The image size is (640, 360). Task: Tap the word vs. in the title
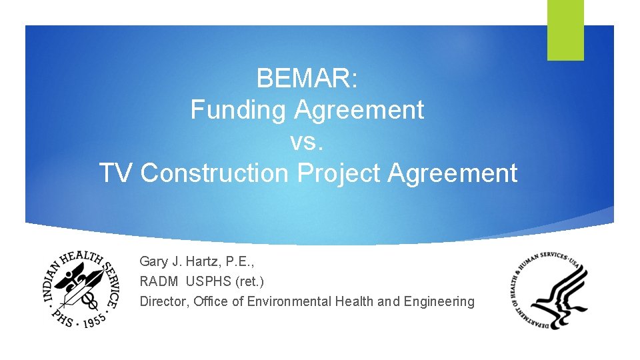(x=307, y=141)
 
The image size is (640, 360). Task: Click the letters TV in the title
(x=117, y=173)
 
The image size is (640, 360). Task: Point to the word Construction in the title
(x=215, y=173)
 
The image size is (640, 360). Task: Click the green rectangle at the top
(x=565, y=29)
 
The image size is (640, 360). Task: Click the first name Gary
(x=153, y=261)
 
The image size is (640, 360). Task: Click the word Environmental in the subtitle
(x=289, y=301)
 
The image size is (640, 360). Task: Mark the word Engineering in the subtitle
(x=441, y=301)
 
